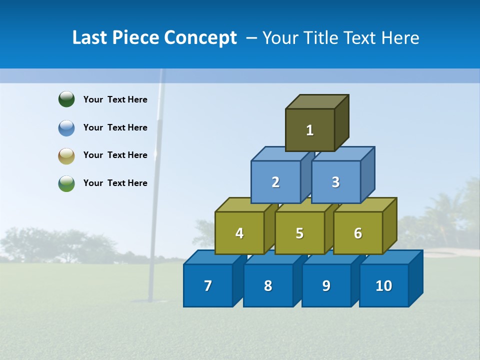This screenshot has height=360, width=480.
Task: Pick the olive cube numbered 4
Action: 239,233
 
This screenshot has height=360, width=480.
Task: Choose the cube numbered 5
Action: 299,233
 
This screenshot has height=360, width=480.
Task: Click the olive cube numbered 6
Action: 358,233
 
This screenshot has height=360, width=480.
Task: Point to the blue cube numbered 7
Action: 208,285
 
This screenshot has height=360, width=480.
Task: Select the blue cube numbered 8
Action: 268,285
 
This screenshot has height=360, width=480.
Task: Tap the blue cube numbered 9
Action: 326,285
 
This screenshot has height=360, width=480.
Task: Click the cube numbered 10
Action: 384,285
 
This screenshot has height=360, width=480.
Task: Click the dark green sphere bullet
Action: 66,99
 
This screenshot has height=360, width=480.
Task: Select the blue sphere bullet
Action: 66,127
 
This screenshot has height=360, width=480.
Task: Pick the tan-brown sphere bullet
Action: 66,155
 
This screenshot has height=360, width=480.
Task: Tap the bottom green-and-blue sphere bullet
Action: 66,183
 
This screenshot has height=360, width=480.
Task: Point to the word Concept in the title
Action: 200,37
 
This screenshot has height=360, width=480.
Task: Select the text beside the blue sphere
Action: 115,127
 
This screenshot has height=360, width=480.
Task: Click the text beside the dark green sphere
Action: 115,99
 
